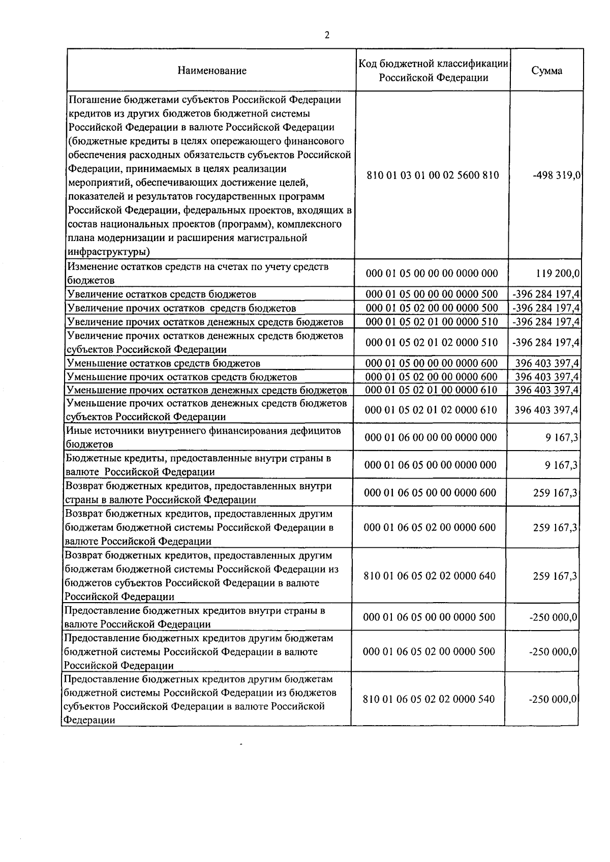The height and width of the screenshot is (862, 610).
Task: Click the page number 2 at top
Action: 327,35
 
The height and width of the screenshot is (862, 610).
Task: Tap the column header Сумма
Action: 547,71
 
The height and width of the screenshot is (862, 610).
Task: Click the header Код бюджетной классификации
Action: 434,64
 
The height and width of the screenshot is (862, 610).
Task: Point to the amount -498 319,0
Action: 557,175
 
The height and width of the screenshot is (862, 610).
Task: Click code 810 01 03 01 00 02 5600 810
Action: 433,175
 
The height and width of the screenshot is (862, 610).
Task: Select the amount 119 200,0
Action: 558,274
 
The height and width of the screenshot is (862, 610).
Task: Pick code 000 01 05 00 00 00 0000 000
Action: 432,274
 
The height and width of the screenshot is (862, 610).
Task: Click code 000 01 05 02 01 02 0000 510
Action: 432,342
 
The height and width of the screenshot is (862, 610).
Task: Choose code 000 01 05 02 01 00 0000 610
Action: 432,390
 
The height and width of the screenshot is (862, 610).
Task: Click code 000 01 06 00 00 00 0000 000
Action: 431,437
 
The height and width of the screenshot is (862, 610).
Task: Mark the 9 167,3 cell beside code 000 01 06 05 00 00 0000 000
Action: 562,465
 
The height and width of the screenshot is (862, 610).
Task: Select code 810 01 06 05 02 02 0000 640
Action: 430,576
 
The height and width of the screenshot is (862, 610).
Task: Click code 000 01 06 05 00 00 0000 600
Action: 431,492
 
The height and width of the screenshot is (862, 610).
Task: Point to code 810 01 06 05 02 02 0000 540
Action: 429,699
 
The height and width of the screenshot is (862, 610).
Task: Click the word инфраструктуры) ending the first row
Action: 108,252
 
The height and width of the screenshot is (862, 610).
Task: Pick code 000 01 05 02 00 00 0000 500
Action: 432,308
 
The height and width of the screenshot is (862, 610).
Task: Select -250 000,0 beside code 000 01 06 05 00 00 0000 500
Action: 553,617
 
